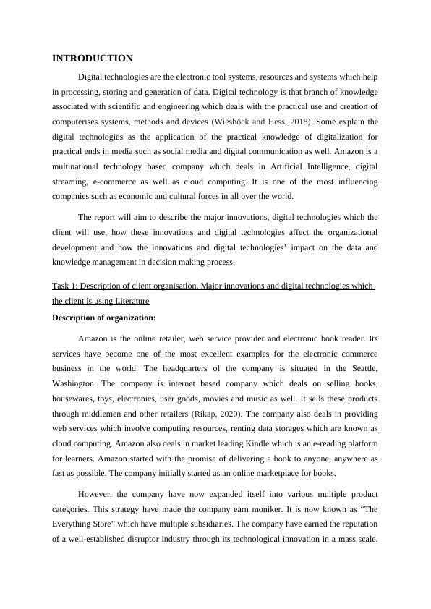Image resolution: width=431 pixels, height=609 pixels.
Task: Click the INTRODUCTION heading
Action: [x=93, y=58]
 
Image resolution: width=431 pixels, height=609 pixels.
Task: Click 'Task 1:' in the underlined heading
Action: [x=67, y=286]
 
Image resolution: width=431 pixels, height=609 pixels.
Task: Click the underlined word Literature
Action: [x=109, y=301]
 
